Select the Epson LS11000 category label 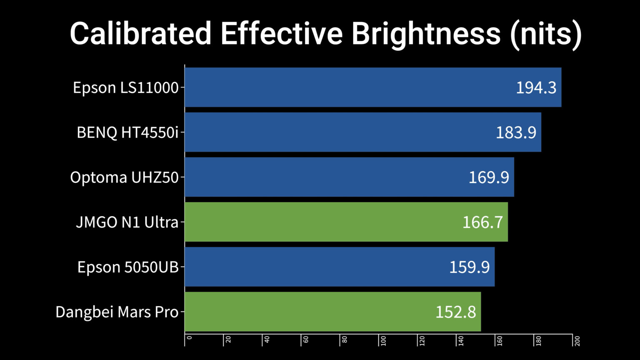[x=125, y=87]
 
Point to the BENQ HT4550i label [x=127, y=132]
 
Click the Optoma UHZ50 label [x=124, y=177]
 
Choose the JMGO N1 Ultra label [x=127, y=222]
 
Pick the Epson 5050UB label [x=128, y=267]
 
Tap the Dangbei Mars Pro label [x=117, y=312]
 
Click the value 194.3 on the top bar [x=536, y=87]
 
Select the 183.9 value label [x=516, y=132]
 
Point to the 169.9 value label [x=489, y=177]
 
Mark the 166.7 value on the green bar [x=482, y=222]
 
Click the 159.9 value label [x=469, y=267]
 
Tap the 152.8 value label [x=455, y=312]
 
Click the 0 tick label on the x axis [x=189, y=338]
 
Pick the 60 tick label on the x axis [x=305, y=340]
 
